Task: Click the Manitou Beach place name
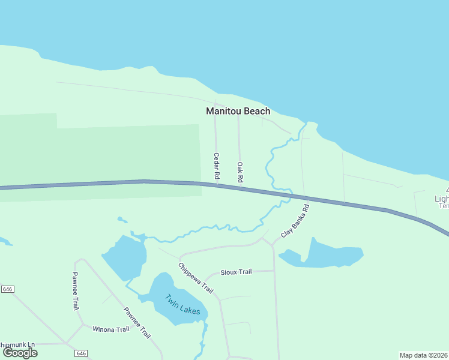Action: click(x=238, y=111)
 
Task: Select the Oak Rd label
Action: click(x=240, y=172)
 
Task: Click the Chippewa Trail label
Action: click(x=196, y=278)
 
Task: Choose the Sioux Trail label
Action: click(x=236, y=272)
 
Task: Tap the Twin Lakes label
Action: click(x=182, y=305)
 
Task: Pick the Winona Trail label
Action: click(x=110, y=329)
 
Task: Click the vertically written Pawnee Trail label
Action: click(x=76, y=290)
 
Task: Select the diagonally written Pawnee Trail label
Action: click(x=137, y=323)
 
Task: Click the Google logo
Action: click(x=20, y=353)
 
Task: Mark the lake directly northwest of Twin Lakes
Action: click(x=125, y=256)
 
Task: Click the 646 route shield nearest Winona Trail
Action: click(x=82, y=353)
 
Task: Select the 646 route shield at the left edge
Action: click(x=7, y=289)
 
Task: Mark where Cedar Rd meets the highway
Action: click(x=217, y=185)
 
